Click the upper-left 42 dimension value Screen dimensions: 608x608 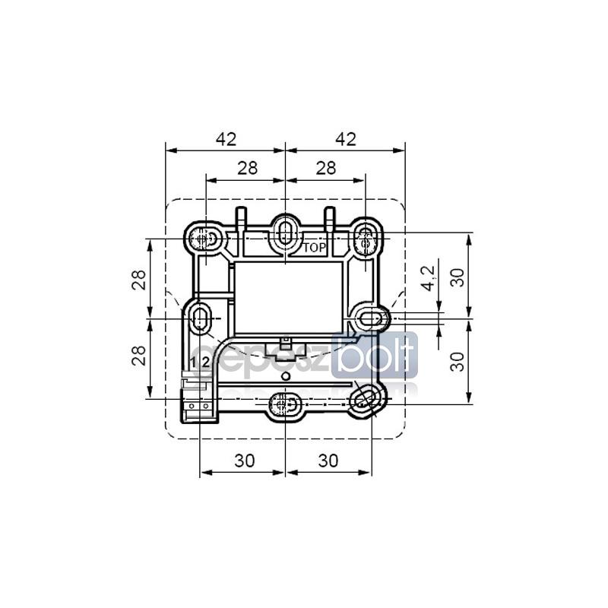(x=226, y=139)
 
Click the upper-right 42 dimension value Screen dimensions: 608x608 (x=346, y=139)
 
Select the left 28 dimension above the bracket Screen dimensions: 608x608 (x=248, y=168)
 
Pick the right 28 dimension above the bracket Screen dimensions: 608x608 (x=326, y=168)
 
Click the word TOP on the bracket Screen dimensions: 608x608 (x=315, y=249)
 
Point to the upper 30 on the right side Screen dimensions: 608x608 (x=458, y=277)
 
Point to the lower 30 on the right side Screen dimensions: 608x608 (x=458, y=362)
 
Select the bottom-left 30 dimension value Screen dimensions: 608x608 (x=245, y=461)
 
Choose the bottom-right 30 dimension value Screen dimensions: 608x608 (x=328, y=461)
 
